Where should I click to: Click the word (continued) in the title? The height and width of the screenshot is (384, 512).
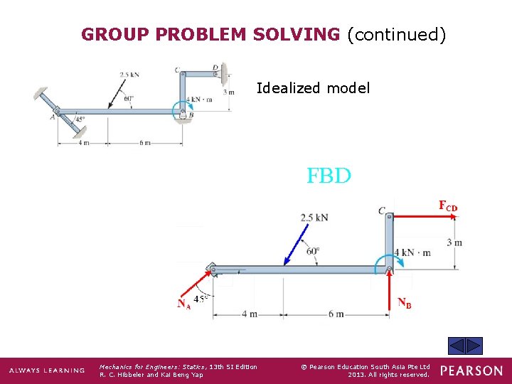(x=396, y=34)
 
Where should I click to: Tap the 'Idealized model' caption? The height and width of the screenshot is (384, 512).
(x=313, y=88)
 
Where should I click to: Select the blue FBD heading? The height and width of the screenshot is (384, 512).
(x=329, y=176)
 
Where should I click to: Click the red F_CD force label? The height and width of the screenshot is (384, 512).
(x=448, y=206)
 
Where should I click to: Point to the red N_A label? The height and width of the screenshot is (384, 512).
(x=183, y=304)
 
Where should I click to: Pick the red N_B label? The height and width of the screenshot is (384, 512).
(x=404, y=304)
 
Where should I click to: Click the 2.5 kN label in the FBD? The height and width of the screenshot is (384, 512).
(x=314, y=217)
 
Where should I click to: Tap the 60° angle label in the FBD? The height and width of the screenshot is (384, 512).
(x=313, y=251)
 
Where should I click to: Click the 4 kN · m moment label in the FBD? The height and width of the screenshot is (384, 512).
(x=412, y=253)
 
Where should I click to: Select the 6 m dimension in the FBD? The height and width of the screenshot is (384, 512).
(x=336, y=314)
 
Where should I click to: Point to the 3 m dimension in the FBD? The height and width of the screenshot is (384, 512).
(x=454, y=243)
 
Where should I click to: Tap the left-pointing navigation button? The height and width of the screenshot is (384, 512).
(x=457, y=346)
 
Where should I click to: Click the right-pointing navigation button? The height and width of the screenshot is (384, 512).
(x=474, y=346)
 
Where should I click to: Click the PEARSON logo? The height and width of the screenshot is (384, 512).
(x=471, y=370)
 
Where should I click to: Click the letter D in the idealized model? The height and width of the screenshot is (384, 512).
(x=215, y=68)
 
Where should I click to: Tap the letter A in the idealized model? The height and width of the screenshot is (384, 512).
(x=53, y=117)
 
